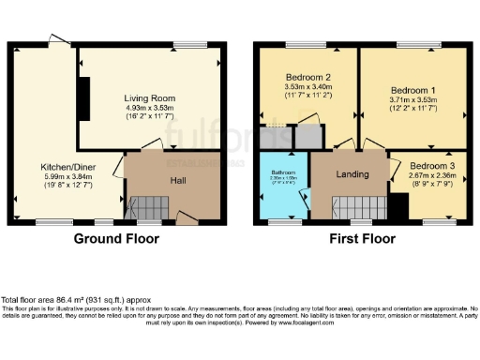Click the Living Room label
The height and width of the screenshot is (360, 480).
tap(150, 97)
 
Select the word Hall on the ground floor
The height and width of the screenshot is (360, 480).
tap(177, 179)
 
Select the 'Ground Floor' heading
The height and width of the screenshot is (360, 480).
tap(116, 238)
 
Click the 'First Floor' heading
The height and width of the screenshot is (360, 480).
tap(362, 238)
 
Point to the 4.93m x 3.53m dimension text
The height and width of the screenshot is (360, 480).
tap(150, 108)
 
